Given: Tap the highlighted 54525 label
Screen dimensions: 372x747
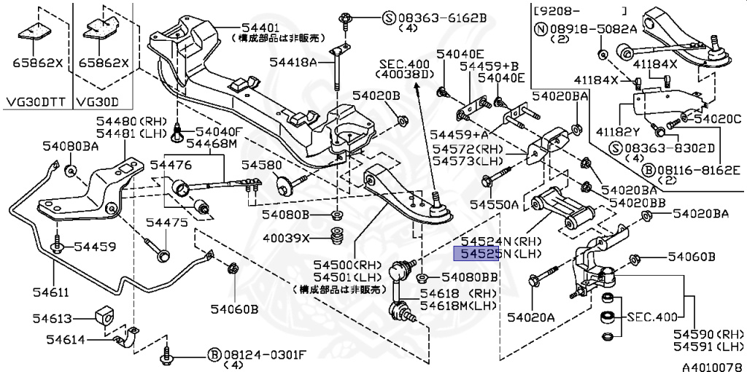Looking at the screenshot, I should click(477, 253).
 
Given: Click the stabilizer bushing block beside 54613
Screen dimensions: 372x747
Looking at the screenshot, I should click(105, 317).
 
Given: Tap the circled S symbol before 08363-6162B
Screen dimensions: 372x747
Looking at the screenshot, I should click(390, 16).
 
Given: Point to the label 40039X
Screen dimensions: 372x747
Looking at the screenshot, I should click(287, 238).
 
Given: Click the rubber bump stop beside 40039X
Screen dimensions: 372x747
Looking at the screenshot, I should click(337, 238).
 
